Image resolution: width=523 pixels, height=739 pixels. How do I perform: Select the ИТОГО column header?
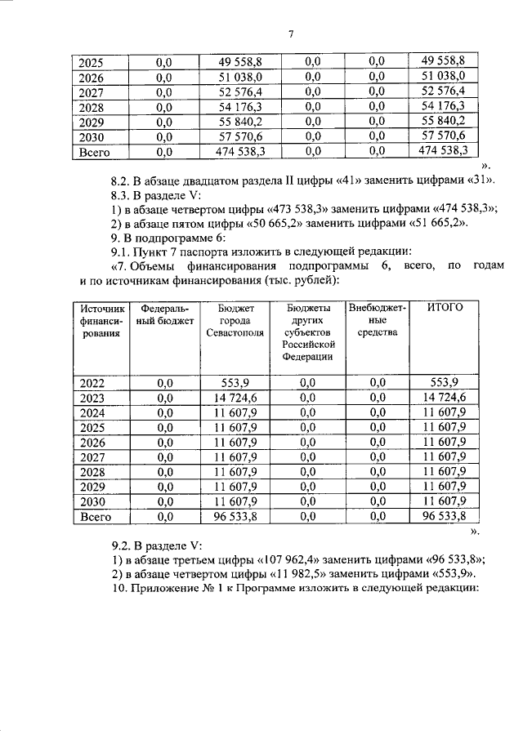click(x=445, y=307)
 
